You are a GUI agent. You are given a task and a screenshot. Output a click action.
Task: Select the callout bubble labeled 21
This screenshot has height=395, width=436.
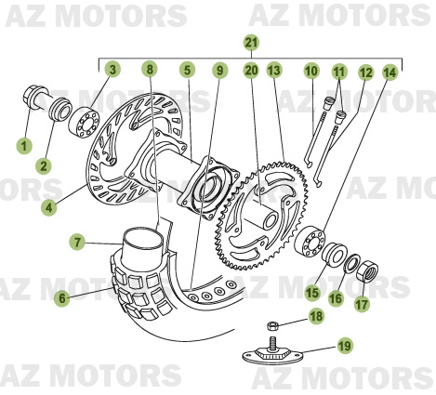pos(250,42)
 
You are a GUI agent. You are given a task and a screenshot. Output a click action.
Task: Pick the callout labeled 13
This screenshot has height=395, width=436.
pos(273,70)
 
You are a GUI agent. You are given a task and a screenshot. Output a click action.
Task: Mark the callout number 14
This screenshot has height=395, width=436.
pos(389,71)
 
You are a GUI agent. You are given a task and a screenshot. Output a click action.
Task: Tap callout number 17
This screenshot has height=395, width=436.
pos(363,302)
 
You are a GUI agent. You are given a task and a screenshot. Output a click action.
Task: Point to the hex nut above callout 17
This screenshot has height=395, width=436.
pos(365,270)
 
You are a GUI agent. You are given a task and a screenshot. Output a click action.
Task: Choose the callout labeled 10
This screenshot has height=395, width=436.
pos(310,70)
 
